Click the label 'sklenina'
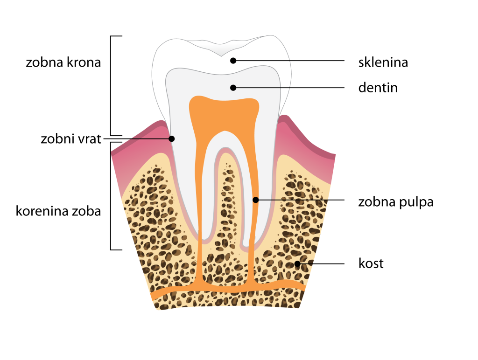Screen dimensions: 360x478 click(383, 62)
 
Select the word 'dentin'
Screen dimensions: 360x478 click(378, 87)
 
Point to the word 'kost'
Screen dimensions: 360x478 click(371, 263)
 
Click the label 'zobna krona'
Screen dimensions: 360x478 click(63, 62)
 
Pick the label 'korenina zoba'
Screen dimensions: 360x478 click(58, 211)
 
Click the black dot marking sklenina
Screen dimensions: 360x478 click(233, 61)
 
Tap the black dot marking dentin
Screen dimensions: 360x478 click(233, 87)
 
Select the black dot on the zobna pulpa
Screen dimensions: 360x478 click(255, 200)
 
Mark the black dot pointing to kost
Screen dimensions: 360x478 click(297, 264)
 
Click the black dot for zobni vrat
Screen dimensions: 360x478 click(172, 138)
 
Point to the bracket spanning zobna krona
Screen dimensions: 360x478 click(111, 84)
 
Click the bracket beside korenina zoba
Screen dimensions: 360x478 click(111, 196)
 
